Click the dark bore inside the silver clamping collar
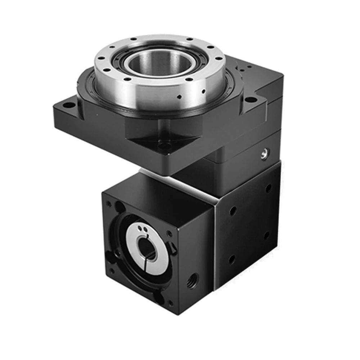click(147, 248)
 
